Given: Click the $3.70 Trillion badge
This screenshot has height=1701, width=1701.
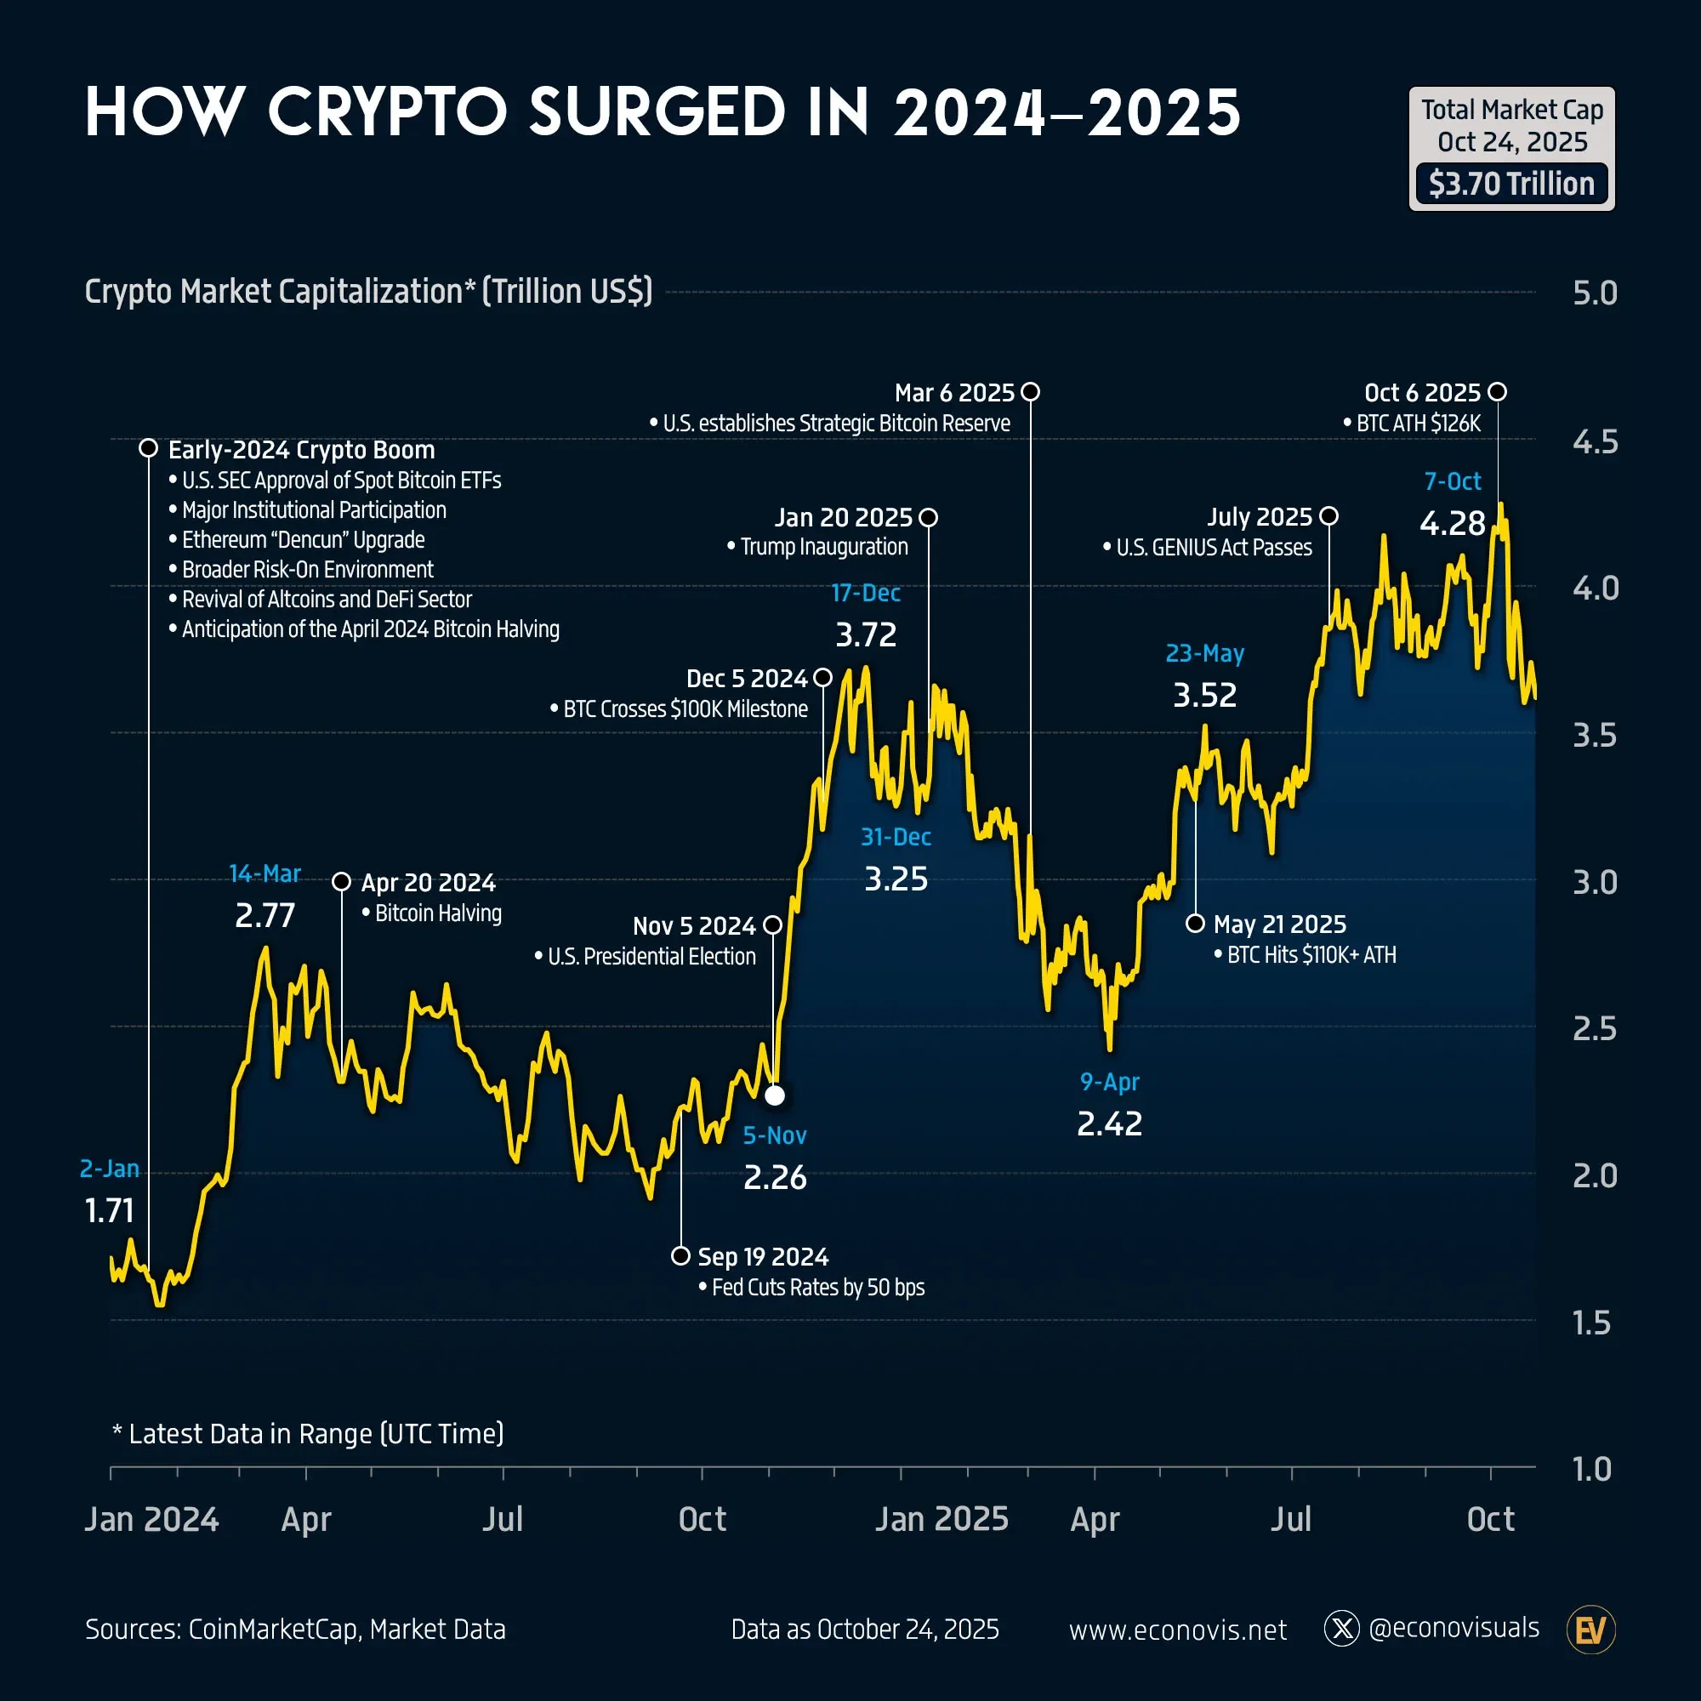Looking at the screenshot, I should pyautogui.click(x=1510, y=184).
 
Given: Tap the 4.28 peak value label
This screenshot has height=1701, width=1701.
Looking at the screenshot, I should pyautogui.click(x=1452, y=523).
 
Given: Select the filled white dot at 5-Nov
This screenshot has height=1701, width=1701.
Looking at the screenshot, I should pyautogui.click(x=775, y=1095).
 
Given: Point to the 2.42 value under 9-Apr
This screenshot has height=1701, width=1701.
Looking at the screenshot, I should pyautogui.click(x=1109, y=1124).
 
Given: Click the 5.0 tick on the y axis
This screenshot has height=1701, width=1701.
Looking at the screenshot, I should pyautogui.click(x=1595, y=293).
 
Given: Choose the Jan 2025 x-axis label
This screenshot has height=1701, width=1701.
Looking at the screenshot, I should pyautogui.click(x=942, y=1520).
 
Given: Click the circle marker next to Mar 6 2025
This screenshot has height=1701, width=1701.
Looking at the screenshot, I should pyautogui.click(x=1030, y=392).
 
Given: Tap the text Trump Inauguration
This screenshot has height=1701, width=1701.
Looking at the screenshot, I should pyautogui.click(x=824, y=547).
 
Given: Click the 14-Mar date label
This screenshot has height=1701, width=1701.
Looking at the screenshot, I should pyautogui.click(x=265, y=873).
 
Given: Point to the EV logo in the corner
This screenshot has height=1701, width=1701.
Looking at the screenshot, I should pyautogui.click(x=1590, y=1630).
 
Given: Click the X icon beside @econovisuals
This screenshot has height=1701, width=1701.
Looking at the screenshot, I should pyautogui.click(x=1342, y=1629).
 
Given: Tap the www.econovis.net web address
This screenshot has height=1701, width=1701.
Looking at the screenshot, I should pyautogui.click(x=1177, y=1630).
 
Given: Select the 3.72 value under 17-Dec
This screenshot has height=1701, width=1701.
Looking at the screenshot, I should pyautogui.click(x=866, y=634).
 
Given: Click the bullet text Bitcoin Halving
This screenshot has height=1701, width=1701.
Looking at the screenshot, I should pyautogui.click(x=437, y=913).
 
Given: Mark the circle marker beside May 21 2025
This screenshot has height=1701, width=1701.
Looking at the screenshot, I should pyautogui.click(x=1195, y=924).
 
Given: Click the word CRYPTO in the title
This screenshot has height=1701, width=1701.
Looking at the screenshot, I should pyautogui.click(x=387, y=113).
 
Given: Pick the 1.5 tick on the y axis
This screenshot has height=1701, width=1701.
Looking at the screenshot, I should pyautogui.click(x=1591, y=1323).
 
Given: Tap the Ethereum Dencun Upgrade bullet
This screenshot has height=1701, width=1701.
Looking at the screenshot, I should pyautogui.click(x=303, y=540).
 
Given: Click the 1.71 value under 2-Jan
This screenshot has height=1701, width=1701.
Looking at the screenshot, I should pyautogui.click(x=109, y=1210).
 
